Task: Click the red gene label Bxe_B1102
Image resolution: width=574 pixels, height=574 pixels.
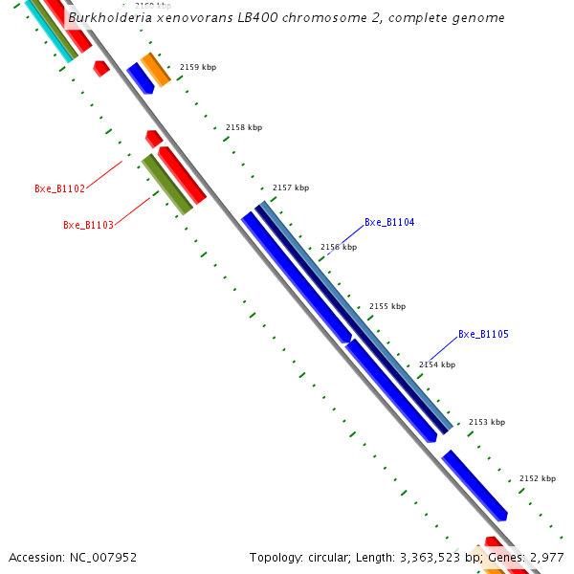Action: pos(59,188)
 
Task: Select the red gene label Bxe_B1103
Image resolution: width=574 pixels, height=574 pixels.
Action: pos(88,225)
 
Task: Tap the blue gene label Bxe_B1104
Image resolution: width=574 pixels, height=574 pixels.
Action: pos(389,222)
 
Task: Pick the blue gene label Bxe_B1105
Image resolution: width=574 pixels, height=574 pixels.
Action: pos(483,334)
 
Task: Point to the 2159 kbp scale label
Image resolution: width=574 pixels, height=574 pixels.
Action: pos(198,67)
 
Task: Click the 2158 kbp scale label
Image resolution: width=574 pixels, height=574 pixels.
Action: pos(243,127)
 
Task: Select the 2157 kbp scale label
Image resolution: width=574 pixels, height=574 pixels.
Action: pos(291,188)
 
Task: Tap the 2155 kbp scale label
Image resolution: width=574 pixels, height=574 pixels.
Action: pos(387,306)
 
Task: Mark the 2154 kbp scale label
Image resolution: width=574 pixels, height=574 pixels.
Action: pos(437,364)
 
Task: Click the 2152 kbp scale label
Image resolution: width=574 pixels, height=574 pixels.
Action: pos(537,478)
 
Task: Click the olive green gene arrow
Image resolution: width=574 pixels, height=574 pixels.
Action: pos(166,184)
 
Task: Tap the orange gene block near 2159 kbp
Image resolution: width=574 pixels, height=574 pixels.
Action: pos(156,70)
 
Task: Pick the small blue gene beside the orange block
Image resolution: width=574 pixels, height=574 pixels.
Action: pos(141,78)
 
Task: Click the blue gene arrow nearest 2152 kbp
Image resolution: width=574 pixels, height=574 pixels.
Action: pos(475,486)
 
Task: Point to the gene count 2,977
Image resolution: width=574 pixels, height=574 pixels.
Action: pos(546,557)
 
